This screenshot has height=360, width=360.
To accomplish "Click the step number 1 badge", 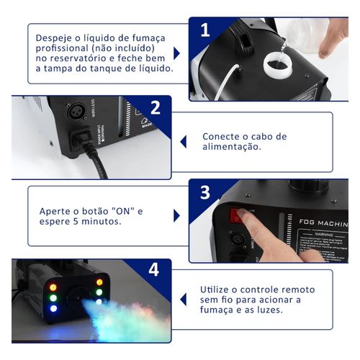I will [x=204, y=30].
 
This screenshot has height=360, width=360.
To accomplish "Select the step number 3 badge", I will [x=204, y=193].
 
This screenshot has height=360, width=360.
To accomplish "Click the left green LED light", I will [x=53, y=293].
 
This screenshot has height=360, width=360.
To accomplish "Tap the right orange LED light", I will [x=99, y=281].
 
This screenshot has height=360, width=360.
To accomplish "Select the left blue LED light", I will [x=53, y=308].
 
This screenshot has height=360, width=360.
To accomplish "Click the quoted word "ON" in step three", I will [x=120, y=210].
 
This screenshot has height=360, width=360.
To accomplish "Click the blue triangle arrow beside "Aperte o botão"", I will [x=176, y=215].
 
